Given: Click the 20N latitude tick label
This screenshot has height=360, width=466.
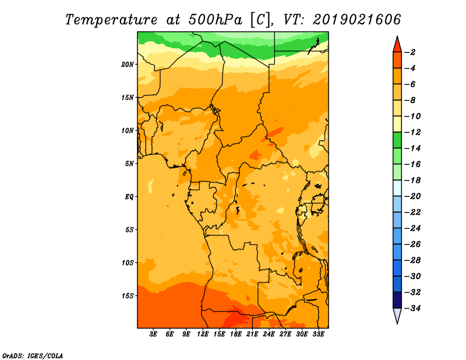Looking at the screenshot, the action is point(128,65).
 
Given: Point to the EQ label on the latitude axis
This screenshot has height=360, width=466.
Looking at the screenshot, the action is point(129,197).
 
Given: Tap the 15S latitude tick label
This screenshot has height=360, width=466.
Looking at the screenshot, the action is point(128,296).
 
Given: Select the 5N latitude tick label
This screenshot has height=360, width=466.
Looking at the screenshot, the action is point(129,164).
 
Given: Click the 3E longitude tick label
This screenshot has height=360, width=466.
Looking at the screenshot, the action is point(153,334).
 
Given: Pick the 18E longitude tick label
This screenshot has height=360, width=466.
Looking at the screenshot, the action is point(236,334).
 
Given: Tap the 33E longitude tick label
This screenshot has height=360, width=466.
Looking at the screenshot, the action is point(318,334).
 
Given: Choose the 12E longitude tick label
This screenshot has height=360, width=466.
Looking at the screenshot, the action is point(203,334).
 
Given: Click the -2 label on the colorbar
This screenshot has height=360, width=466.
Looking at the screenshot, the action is point(410,52).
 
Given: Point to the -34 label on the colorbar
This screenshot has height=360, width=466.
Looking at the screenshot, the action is point(412,308).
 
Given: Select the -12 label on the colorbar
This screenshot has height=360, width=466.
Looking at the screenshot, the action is point(412,132).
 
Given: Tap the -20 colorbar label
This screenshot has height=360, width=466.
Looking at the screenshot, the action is point(412,196).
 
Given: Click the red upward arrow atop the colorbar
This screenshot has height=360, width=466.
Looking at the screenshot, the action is point(397,45).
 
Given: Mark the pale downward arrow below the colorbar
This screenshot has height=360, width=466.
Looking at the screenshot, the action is point(397,315).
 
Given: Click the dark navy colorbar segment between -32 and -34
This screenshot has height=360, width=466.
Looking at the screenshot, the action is point(397,300).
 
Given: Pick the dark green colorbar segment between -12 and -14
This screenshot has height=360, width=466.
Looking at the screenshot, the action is point(397,140).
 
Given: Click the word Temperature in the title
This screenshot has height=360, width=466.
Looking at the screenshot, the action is point(111,20).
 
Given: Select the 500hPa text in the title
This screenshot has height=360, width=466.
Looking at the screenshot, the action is point(215,20).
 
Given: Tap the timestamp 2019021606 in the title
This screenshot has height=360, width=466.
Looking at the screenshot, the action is point(356,20).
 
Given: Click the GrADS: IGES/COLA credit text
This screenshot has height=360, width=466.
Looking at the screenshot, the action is point(33,356).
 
